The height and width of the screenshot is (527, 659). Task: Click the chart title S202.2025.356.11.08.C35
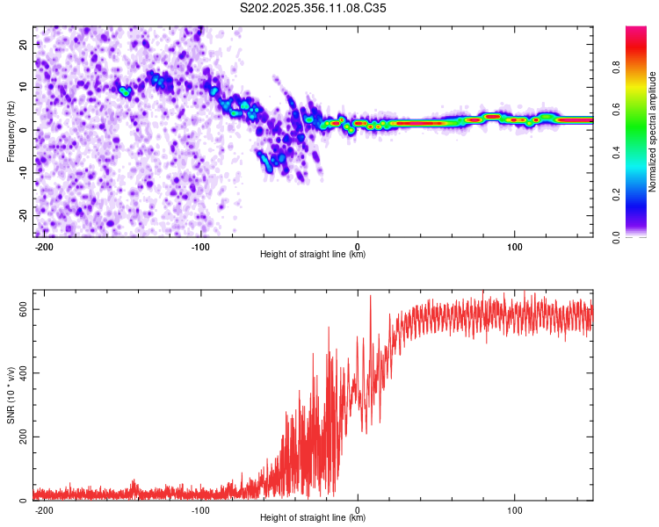313,8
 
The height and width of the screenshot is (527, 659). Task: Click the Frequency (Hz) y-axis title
11,132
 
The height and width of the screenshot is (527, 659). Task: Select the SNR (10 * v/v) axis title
11,395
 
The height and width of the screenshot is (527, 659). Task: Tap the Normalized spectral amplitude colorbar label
652,132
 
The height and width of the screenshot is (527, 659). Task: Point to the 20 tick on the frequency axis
24,44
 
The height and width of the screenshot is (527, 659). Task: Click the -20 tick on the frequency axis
24,215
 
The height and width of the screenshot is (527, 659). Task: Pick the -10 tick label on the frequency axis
24,173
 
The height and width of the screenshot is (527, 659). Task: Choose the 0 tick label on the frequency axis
24,130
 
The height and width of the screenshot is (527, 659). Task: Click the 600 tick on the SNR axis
24,309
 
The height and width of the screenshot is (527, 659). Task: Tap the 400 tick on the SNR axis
24,373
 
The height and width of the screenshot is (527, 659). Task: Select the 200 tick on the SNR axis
24,437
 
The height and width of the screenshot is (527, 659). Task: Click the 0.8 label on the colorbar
616,67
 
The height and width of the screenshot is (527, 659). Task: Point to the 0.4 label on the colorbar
616,152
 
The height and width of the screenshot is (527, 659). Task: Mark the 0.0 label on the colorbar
616,237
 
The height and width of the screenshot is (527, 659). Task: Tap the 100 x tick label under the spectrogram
514,247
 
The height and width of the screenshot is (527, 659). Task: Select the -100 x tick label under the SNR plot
200,510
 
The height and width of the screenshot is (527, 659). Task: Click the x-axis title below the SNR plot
313,517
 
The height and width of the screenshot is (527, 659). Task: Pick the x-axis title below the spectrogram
313,254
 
